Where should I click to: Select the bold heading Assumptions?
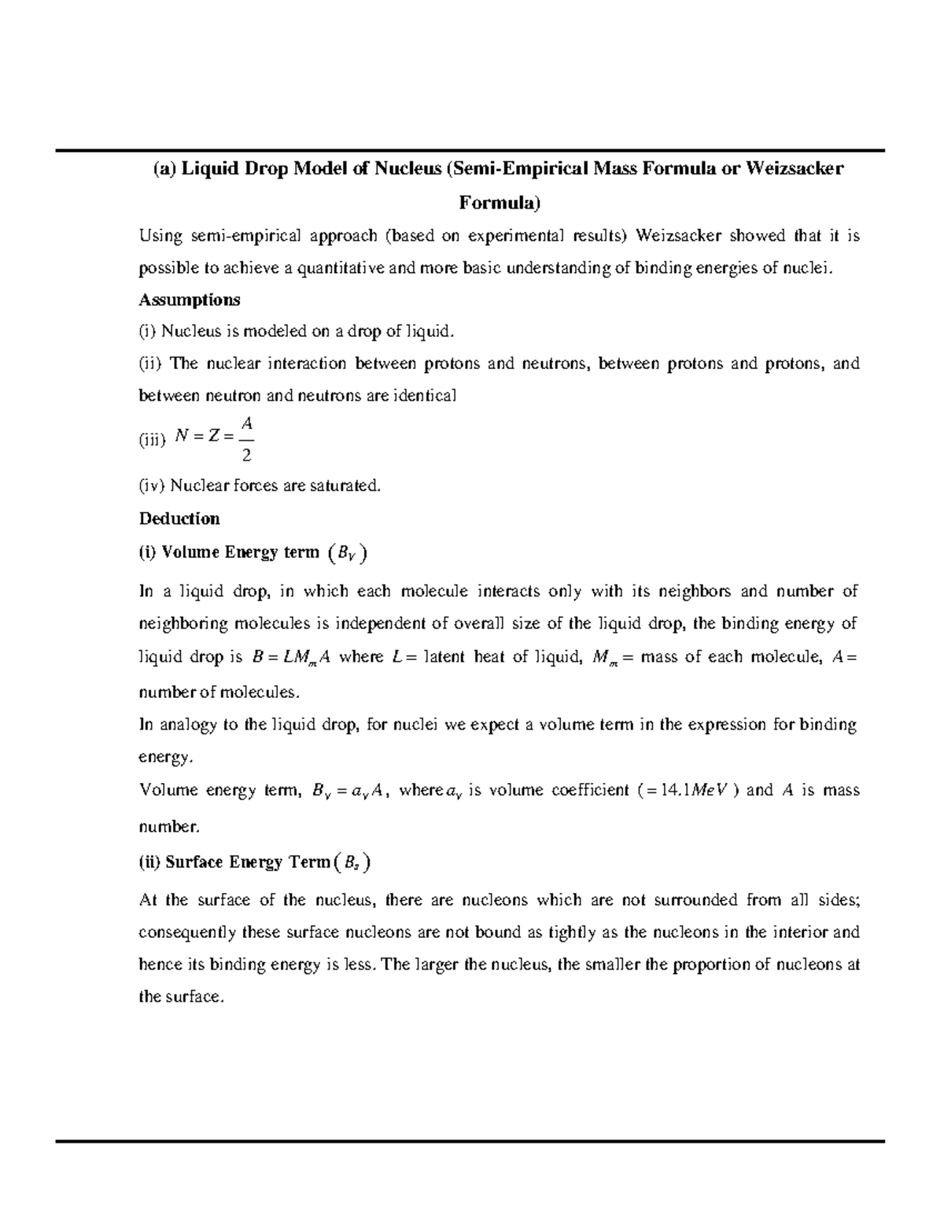coord(190,300)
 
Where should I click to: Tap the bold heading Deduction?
coord(179,519)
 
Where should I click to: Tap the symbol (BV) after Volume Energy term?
coord(345,553)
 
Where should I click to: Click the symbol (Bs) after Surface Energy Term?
coord(352,863)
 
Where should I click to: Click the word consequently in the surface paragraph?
coord(187,932)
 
